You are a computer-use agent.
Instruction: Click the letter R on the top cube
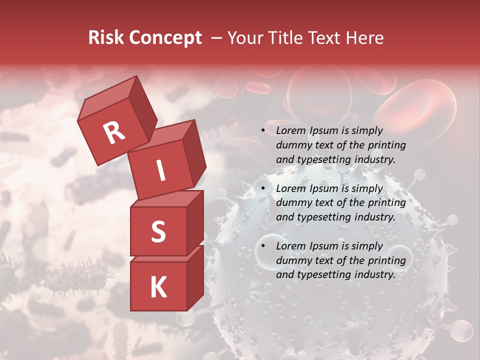[x=114, y=132]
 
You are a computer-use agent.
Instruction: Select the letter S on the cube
[x=158, y=231]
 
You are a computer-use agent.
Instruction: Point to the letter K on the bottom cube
[x=158, y=287]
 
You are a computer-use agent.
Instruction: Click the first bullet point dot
[x=263, y=131]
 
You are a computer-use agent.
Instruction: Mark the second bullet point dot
[x=263, y=189]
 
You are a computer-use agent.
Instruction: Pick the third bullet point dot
[x=263, y=246]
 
